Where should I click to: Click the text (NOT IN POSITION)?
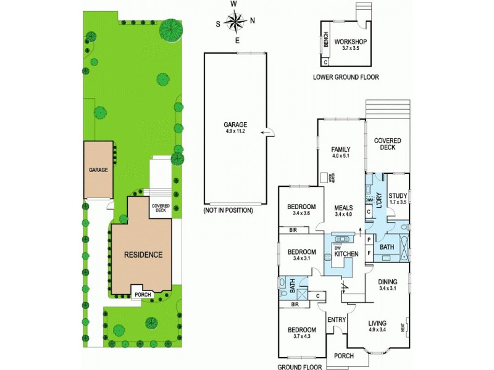tap(228, 210)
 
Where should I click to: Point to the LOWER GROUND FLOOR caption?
tap(346, 77)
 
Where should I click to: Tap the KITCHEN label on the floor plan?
tap(346, 253)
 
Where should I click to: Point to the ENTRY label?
tap(336, 319)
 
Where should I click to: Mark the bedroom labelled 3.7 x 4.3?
tap(303, 333)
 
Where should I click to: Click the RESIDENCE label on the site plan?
tap(143, 254)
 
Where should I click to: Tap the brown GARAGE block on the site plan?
tap(99, 170)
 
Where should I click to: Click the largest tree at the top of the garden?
tap(170, 28)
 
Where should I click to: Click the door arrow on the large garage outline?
tap(266, 131)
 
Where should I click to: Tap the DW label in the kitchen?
tap(337, 247)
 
